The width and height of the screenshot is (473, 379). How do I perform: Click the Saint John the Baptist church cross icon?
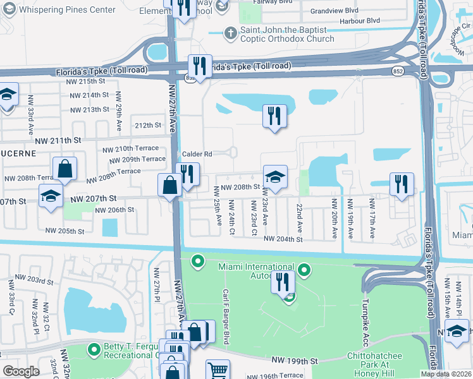click(231, 32)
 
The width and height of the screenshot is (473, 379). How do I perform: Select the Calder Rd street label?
click(197, 154)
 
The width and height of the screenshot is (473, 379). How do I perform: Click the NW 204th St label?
click(283, 239)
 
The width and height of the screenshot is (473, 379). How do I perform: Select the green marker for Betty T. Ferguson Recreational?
click(94, 349)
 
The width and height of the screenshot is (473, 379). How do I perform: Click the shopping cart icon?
click(218, 370)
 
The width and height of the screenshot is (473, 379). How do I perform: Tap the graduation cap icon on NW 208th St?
click(275, 177)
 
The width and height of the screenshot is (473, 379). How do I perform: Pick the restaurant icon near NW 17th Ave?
click(402, 184)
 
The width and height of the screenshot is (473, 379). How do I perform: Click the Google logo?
click(21, 371)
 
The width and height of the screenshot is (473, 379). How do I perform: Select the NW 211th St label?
click(59, 140)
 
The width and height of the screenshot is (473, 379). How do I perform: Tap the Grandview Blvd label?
click(335, 11)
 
